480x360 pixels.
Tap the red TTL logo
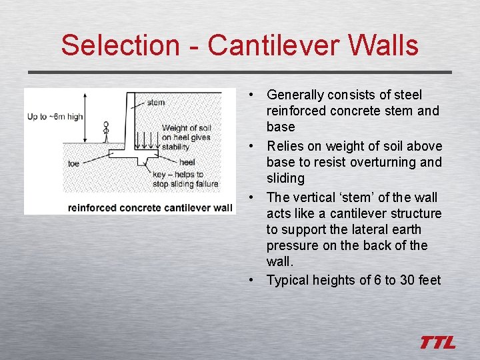[x=438, y=343]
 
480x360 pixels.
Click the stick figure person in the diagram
[x=105, y=132]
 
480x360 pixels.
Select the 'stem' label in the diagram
[x=156, y=103]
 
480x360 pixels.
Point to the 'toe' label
[x=74, y=162]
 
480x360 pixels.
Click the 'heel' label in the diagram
[x=187, y=162]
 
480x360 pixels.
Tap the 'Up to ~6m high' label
[x=55, y=117]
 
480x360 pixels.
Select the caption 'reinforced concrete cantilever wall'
[x=150, y=207]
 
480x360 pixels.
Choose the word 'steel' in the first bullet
[x=407, y=95]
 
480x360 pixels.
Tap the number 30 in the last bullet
[x=407, y=280]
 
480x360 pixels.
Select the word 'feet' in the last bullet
[x=429, y=280]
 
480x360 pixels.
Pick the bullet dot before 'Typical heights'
[x=249, y=280]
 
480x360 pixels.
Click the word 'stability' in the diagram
[x=176, y=147]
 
